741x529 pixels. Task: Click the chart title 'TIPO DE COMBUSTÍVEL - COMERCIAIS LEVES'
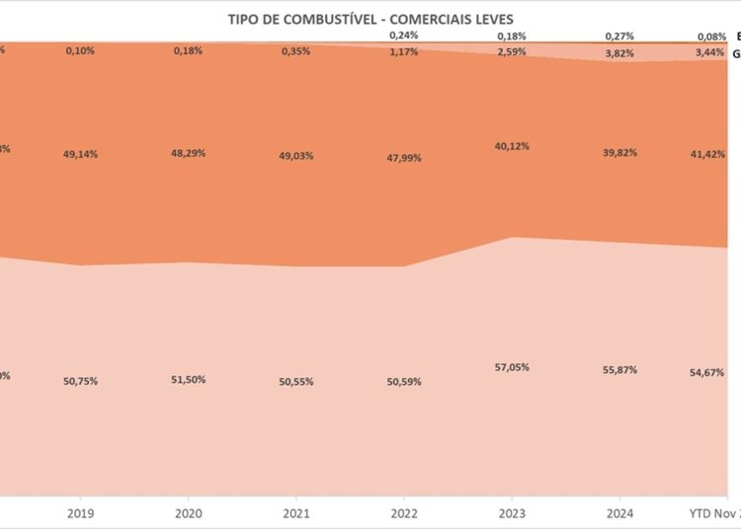[x=370, y=19]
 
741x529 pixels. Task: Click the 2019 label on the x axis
[x=81, y=513]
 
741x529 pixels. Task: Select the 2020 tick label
[x=188, y=513]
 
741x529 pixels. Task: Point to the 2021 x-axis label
[x=296, y=513]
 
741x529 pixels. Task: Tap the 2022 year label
[x=404, y=513]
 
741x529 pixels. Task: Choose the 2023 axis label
[x=512, y=513]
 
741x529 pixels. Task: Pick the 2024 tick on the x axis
[x=620, y=513]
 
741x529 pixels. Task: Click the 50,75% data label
[x=81, y=381]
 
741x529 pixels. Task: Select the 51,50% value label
[x=188, y=380]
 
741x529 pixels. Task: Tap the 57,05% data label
[x=512, y=366]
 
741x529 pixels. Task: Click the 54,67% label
[x=707, y=372]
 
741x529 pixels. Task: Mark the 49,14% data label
[x=81, y=154]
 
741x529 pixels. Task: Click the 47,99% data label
[x=404, y=157]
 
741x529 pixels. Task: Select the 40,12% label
[x=512, y=146]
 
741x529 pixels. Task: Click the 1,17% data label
[x=404, y=51]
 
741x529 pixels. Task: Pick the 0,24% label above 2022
[x=404, y=34]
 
